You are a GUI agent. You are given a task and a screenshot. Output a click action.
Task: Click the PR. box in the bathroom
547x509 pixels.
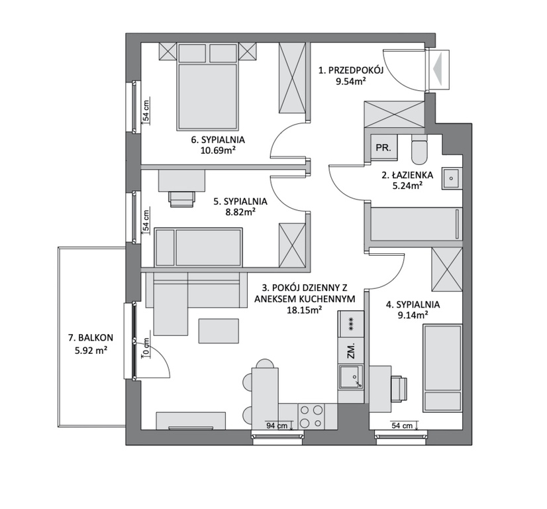pos(383,147)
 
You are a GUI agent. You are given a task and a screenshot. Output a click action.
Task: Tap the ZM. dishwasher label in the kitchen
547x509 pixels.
pos(351,351)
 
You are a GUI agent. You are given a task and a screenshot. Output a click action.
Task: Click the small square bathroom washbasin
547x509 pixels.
pos(451,178)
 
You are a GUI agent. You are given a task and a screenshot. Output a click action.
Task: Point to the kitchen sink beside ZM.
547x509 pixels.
pos(350,377)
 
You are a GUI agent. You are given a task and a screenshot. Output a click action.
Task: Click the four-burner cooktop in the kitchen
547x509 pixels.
pos(311,416)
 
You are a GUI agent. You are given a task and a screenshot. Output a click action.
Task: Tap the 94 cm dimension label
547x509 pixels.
pos(277,425)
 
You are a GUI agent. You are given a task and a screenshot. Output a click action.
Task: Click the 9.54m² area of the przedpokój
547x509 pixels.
pos(350,82)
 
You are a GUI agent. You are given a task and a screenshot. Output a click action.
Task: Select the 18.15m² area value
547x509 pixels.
pos(304,310)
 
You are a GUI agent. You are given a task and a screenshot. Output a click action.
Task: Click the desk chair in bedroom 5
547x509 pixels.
pos(181,199)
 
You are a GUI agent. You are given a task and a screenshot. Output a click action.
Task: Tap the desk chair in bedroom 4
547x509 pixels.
pos(399,389)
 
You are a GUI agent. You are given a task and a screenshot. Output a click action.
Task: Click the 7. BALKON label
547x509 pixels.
pos(91,337)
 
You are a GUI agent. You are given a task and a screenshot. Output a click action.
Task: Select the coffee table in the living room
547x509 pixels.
pos(219,331)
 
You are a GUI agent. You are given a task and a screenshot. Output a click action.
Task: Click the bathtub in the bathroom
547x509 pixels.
pos(416,224)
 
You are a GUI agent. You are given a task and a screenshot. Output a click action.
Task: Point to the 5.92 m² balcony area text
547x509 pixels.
pos(91,350)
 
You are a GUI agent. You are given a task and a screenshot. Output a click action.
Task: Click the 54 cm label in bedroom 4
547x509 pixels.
pos(402,425)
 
